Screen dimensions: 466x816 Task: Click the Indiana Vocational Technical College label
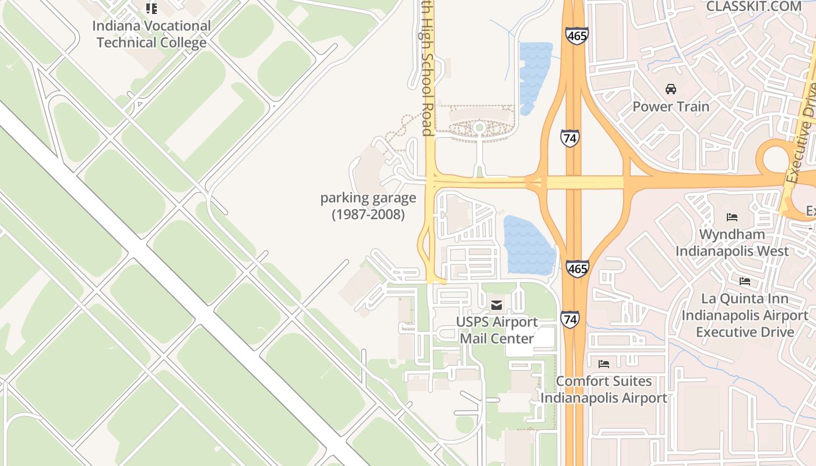pyautogui.click(x=152, y=34)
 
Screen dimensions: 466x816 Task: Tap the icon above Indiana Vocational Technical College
pyautogui.click(x=152, y=9)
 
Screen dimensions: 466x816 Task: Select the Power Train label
pyautogui.click(x=671, y=107)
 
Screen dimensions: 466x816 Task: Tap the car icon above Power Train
pyautogui.click(x=671, y=89)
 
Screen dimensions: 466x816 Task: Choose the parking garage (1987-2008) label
pyautogui.click(x=368, y=206)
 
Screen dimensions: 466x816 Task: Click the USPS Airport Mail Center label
pyautogui.click(x=496, y=330)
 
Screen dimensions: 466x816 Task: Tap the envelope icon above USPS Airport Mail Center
pyautogui.click(x=497, y=305)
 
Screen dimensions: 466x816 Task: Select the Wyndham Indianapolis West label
pyautogui.click(x=732, y=243)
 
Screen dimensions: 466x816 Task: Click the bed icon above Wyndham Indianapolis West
pyautogui.click(x=732, y=217)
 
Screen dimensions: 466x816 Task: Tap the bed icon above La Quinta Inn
pyautogui.click(x=745, y=281)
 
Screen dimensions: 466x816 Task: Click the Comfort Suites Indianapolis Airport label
pyautogui.click(x=604, y=390)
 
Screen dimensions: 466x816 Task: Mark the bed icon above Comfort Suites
pyautogui.click(x=604, y=364)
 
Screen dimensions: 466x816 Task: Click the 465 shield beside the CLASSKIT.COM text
pyautogui.click(x=576, y=36)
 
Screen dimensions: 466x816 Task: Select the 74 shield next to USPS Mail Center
pyautogui.click(x=570, y=319)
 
